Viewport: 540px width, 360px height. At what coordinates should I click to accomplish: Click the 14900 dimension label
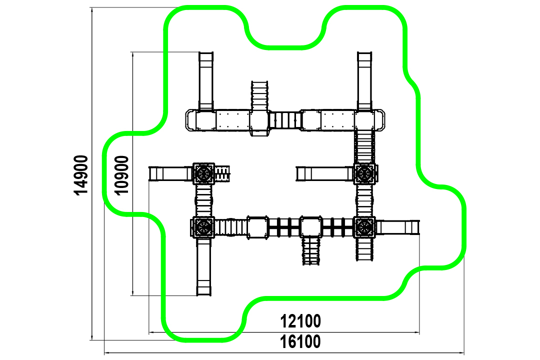pos(81,175)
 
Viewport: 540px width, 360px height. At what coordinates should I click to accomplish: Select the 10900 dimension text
pos(121,175)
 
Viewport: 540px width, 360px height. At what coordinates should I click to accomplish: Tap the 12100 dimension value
pos(300,321)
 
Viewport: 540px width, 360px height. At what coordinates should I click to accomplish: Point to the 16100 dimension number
pos(300,341)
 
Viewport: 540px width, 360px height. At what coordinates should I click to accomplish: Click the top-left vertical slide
pos(206,81)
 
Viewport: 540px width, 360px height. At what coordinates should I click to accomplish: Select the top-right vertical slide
pos(364,81)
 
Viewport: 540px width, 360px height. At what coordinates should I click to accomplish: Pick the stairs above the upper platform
pos(259,96)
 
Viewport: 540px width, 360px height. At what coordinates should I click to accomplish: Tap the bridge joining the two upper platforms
pos(284,120)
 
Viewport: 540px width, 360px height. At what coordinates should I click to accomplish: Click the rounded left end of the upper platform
pos(191,120)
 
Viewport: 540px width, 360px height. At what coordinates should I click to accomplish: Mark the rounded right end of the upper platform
pos(379,120)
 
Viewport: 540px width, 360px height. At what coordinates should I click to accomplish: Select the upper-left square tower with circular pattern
pos(203,173)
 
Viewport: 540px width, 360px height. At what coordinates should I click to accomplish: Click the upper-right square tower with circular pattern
pos(364,173)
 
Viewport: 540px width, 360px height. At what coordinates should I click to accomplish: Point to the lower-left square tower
pos(203,227)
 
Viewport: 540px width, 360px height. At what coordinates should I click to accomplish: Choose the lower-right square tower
pos(364,227)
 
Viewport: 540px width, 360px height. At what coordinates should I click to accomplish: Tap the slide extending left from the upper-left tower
pos(171,173)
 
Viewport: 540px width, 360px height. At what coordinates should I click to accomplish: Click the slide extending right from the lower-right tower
pos(398,227)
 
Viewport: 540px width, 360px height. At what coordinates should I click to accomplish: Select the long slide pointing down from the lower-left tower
pos(203,266)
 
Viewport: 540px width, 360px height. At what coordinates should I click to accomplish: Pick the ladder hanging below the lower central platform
pos(311,250)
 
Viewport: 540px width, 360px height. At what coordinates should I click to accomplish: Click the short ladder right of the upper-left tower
pos(222,173)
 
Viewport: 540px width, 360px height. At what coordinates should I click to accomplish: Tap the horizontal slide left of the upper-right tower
pos(325,173)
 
